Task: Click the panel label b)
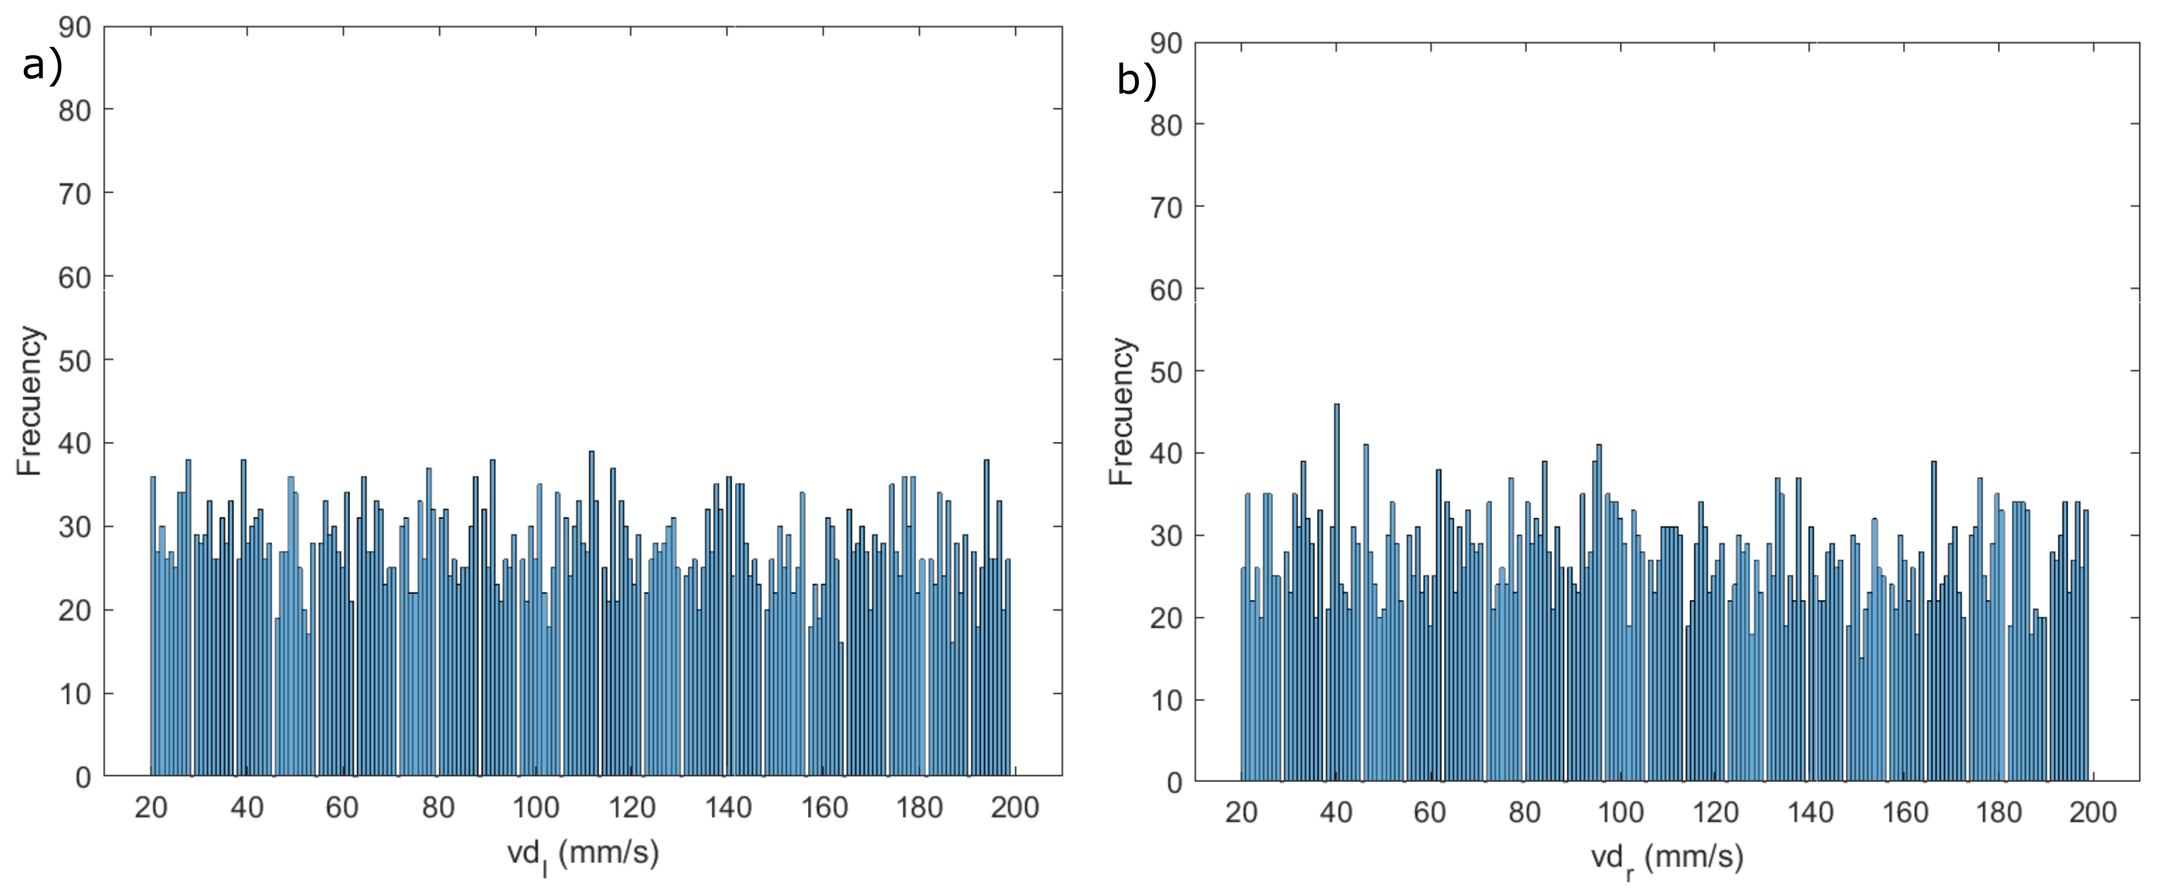1137,80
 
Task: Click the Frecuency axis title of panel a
30,401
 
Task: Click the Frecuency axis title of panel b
1122,411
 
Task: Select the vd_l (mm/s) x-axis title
583,854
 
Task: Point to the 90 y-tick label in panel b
1165,42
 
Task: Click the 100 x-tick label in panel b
1620,813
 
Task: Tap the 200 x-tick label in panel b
2093,813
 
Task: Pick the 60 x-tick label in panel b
1430,813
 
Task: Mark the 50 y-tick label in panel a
74,360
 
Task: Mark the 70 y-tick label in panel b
1165,206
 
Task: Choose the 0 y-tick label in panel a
83,777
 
